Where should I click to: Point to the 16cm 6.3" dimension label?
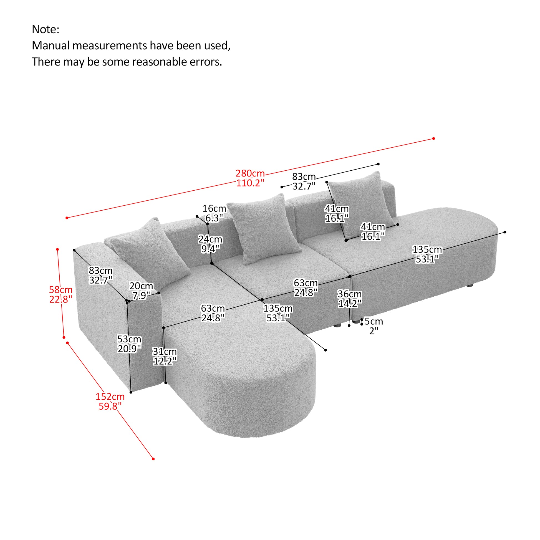click(214, 213)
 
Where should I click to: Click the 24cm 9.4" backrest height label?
click(210, 244)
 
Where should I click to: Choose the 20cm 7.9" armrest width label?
click(141, 291)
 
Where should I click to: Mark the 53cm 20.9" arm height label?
click(129, 344)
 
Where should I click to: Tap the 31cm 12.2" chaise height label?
click(165, 356)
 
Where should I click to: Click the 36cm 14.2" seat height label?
click(350, 299)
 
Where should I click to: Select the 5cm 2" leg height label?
click(374, 326)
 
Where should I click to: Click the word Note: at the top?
click(46, 29)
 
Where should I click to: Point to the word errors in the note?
click(206, 62)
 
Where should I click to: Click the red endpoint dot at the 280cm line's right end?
click(433, 138)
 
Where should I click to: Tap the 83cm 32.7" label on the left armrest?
click(101, 275)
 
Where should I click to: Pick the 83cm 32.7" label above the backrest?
click(304, 181)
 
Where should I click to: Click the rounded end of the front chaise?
click(268, 402)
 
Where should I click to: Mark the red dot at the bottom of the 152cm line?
click(153, 459)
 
